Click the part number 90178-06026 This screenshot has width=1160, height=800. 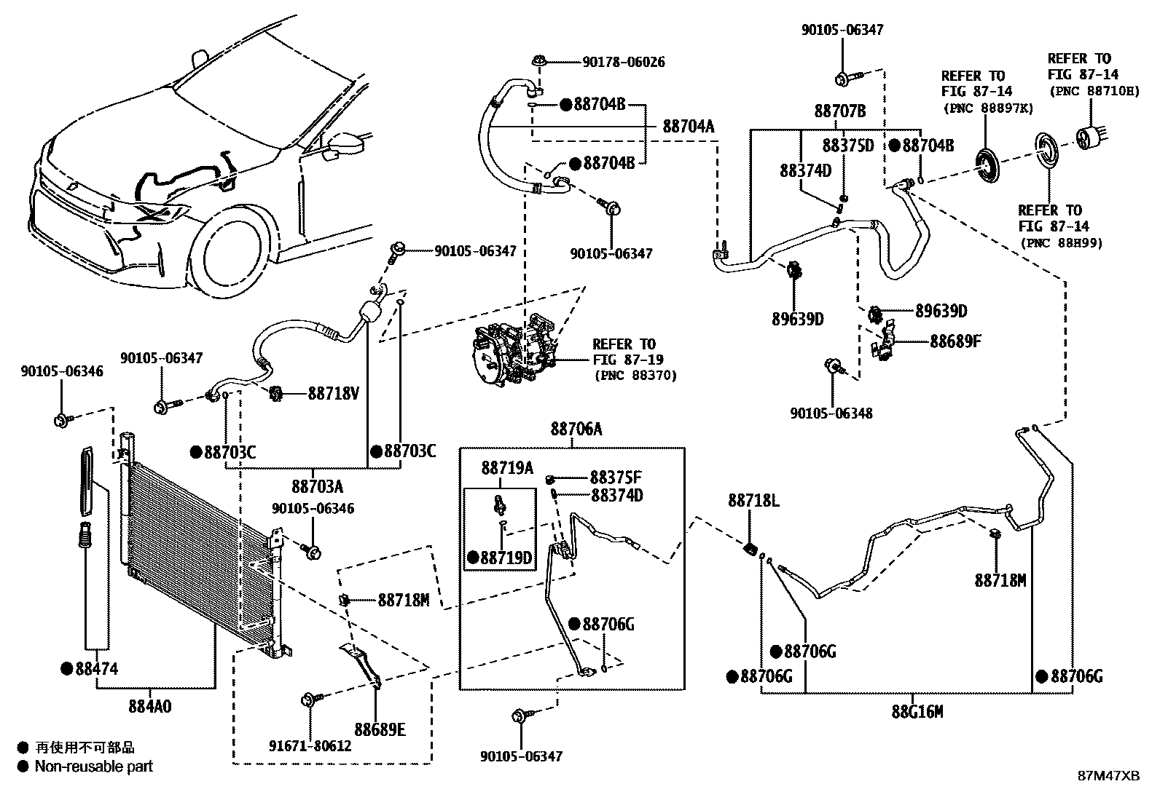(623, 63)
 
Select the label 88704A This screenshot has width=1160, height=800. (688, 127)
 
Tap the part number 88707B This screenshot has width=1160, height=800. (839, 111)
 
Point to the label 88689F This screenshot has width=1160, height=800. (955, 341)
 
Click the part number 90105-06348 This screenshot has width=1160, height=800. (831, 413)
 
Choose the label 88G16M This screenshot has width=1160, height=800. (917, 711)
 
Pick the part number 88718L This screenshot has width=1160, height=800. (753, 501)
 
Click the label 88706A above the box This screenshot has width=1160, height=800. (576, 429)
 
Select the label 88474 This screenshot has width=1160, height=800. (96, 668)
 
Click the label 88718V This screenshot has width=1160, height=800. (333, 393)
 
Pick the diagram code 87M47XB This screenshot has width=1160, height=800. (1108, 775)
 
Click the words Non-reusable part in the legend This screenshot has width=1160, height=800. (94, 767)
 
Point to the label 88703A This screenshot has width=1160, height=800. (317, 486)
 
